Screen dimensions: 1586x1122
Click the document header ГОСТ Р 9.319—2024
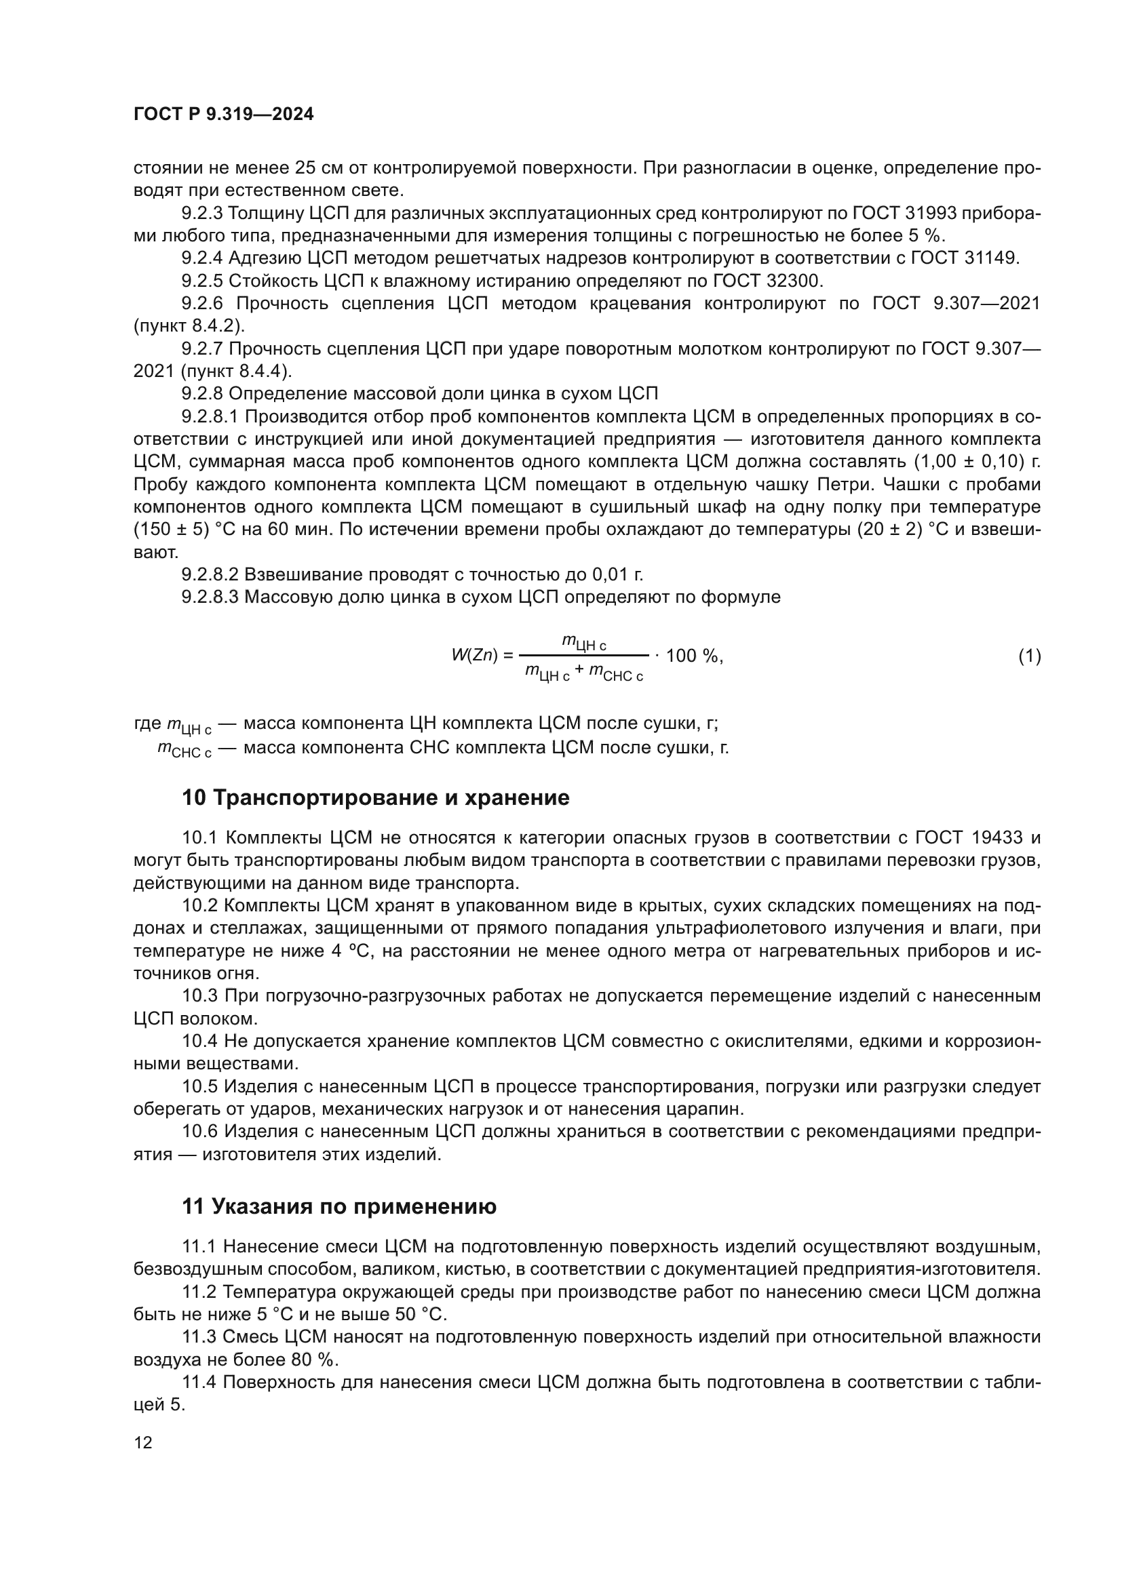tap(223, 115)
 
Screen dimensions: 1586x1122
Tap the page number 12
tap(143, 1442)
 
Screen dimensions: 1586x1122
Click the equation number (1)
tap(1029, 656)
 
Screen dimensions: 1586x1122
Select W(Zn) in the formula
tap(474, 656)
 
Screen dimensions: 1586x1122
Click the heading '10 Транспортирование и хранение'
tap(375, 798)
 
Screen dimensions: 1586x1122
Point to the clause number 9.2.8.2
tap(210, 574)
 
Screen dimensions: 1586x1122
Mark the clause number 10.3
tap(200, 995)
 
